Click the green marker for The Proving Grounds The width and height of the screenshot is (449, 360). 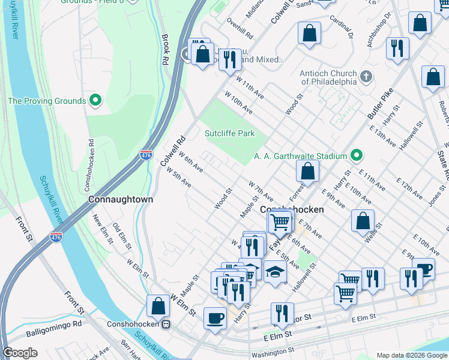tap(94, 100)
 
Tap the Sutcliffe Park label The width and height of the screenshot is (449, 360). tap(230, 133)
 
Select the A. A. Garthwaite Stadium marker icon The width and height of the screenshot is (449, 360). tap(356, 156)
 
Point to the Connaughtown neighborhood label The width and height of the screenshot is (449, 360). tap(121, 199)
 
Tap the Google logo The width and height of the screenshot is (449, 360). tap(20, 353)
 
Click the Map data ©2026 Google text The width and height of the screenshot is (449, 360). tap(411, 355)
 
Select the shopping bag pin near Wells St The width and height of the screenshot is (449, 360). tap(363, 220)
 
